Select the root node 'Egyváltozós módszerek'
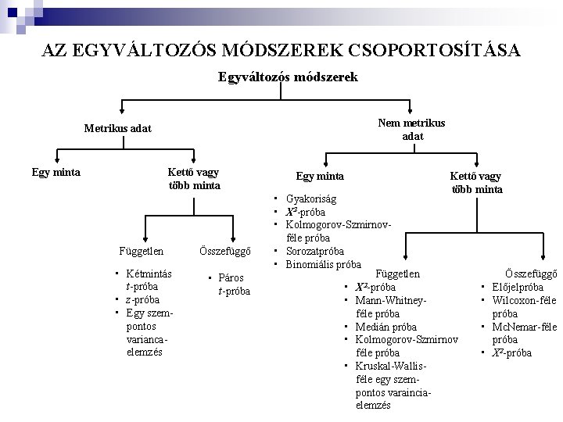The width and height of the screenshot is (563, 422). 289,77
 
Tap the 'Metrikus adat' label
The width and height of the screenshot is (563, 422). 118,128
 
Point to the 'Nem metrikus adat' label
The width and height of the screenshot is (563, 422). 412,129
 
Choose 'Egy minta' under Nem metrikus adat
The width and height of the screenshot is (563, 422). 319,177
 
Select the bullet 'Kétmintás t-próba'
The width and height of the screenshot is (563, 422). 149,280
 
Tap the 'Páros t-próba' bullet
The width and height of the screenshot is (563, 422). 232,284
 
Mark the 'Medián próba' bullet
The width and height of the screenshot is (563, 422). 385,327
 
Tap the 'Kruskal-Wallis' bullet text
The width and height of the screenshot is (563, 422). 393,366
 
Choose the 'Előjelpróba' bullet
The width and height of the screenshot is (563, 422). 518,287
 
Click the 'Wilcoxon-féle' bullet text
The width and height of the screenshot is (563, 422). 524,300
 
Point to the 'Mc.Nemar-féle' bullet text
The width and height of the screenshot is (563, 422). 523,327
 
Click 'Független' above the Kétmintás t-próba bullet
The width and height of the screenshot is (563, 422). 142,252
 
